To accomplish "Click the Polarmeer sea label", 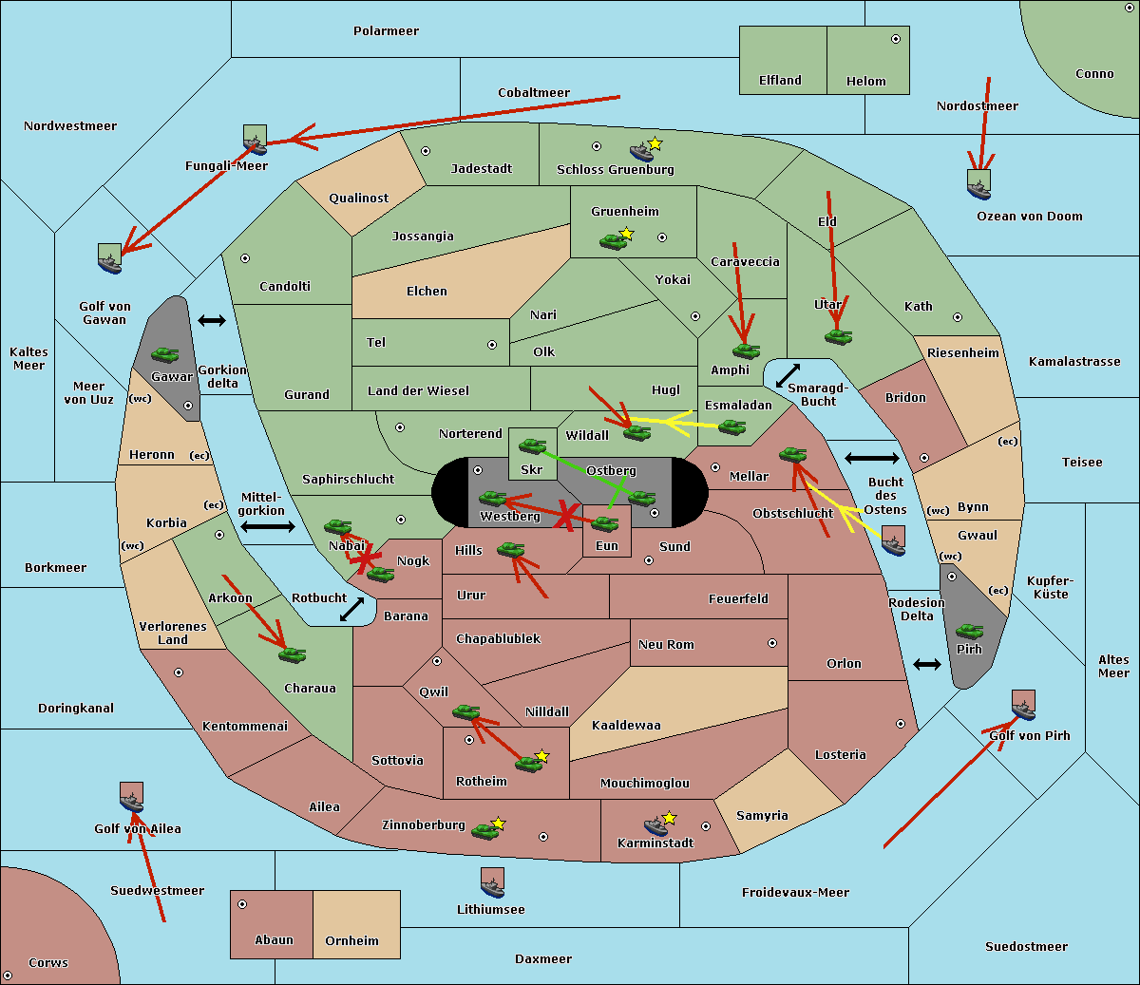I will (386, 31).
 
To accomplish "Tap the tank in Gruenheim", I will (613, 241).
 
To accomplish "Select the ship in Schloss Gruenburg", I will (642, 152).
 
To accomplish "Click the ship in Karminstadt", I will (655, 825).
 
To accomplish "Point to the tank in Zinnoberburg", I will (485, 831).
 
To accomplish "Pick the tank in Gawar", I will (165, 355).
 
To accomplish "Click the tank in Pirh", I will (969, 632).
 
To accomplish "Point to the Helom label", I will (865, 82).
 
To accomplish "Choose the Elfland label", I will (780, 81).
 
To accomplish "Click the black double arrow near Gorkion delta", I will (212, 321).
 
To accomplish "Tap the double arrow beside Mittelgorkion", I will (268, 526).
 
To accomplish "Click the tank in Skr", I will (532, 445).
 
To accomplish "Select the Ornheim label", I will (351, 941).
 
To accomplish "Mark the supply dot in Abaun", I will (242, 904).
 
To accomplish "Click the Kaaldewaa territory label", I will (626, 726).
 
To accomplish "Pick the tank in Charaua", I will (292, 654).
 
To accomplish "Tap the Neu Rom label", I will (666, 645).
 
